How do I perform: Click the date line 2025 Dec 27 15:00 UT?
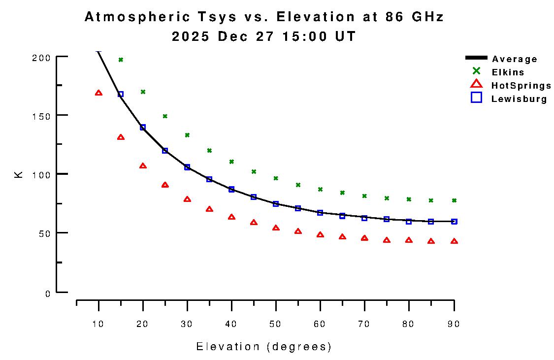[263, 37]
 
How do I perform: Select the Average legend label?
[515, 59]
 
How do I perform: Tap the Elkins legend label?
[508, 72]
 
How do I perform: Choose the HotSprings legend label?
[521, 86]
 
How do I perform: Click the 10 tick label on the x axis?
[98, 324]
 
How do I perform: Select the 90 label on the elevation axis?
[454, 324]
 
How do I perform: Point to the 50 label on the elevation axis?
[276, 324]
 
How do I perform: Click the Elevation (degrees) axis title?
[264, 347]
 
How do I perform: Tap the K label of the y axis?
[19, 174]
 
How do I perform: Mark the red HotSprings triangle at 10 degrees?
[98, 93]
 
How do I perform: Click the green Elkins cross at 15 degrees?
[121, 60]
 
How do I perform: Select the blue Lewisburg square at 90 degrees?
[454, 222]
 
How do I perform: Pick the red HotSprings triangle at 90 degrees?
[454, 241]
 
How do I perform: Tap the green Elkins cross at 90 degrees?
[454, 200]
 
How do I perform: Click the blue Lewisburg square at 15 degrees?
[121, 94]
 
